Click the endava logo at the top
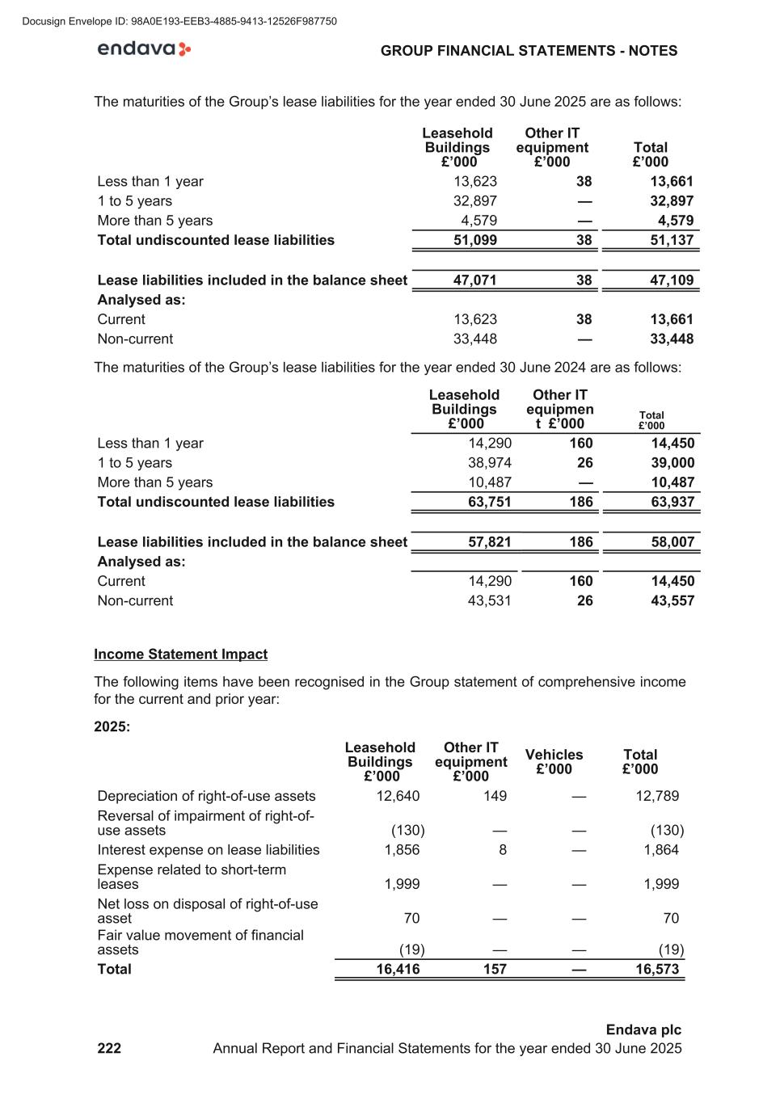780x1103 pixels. (x=144, y=49)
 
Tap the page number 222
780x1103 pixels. (x=109, y=1048)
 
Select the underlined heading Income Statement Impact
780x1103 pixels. (x=180, y=654)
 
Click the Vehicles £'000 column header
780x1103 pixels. (x=554, y=761)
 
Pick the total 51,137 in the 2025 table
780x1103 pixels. (x=671, y=240)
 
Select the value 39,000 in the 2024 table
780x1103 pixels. (x=672, y=463)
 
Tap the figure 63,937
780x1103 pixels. (x=672, y=502)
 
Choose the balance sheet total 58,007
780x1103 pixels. (x=672, y=542)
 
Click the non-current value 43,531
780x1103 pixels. (x=489, y=600)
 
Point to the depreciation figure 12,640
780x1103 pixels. (x=398, y=796)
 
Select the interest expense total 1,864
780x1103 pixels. (x=661, y=849)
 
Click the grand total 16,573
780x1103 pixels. (x=657, y=969)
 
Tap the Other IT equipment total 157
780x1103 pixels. (x=495, y=969)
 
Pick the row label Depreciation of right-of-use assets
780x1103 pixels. (x=206, y=796)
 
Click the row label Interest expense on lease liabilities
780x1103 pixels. (x=208, y=849)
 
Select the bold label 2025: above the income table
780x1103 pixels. (x=112, y=726)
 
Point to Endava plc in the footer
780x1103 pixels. (x=643, y=1029)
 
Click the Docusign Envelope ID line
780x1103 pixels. (x=179, y=21)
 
